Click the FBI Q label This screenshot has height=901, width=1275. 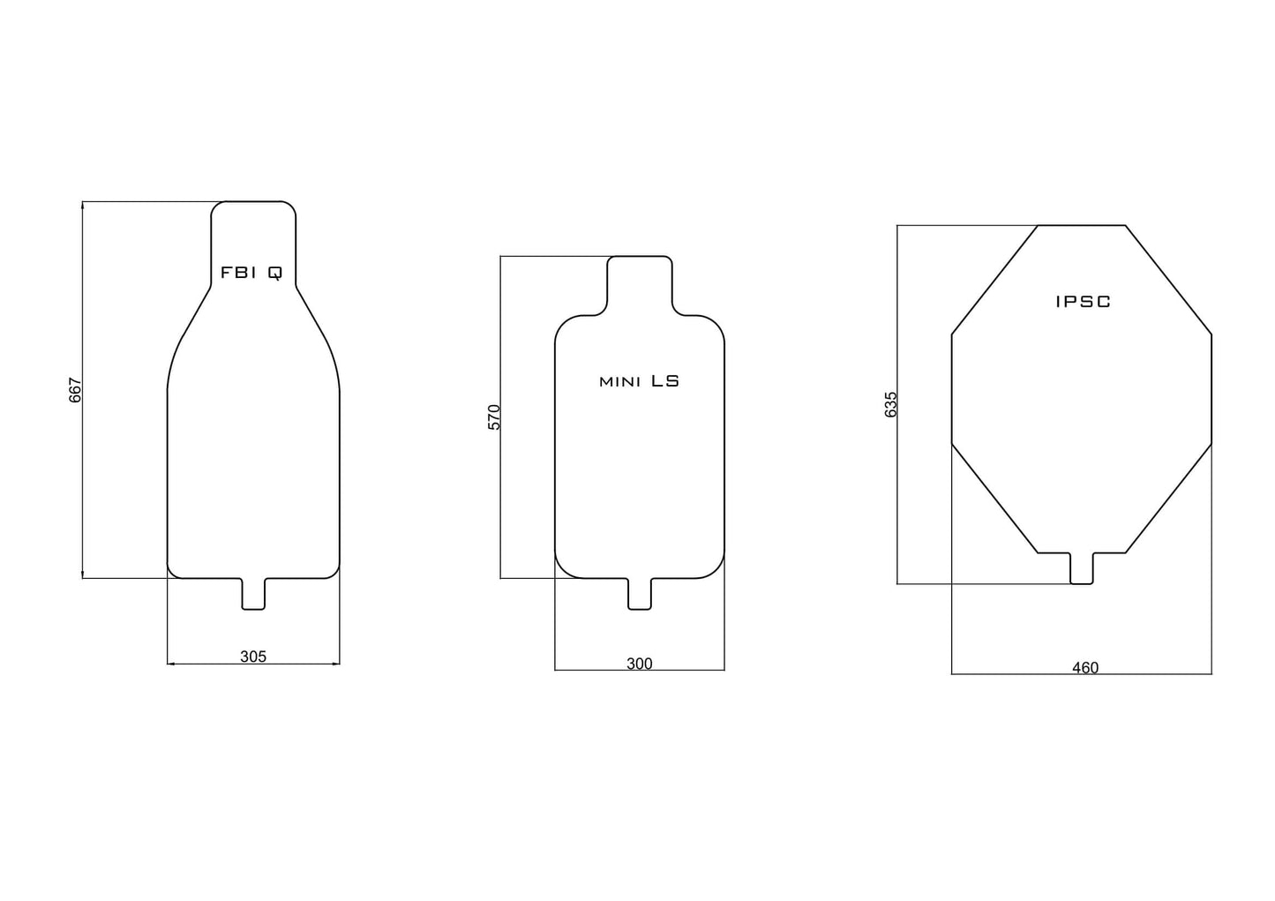point(251,274)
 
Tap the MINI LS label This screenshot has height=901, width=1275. point(639,381)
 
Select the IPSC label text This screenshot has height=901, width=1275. point(1083,302)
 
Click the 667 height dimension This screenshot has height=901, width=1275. point(75,390)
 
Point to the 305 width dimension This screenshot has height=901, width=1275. point(253,657)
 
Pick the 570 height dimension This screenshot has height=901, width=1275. point(494,417)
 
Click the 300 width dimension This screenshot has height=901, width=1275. point(639,664)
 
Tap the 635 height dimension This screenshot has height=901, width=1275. point(891,405)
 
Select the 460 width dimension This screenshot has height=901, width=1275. point(1085,668)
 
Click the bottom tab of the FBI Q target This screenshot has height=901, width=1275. point(253,594)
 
